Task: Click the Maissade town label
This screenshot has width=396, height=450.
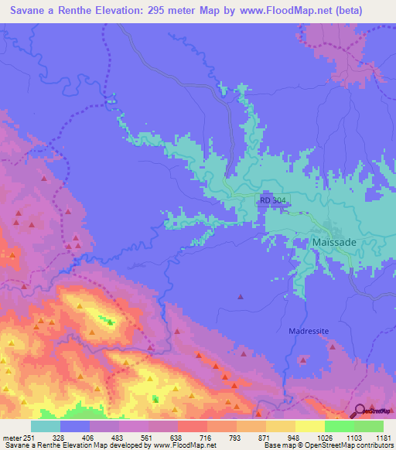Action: tap(335, 242)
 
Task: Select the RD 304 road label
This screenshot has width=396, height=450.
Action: tap(275, 200)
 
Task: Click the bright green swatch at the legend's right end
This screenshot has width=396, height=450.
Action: tap(368, 426)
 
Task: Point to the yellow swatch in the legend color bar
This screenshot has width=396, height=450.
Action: tap(309, 426)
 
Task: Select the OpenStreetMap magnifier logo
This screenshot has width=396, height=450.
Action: tap(358, 409)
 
